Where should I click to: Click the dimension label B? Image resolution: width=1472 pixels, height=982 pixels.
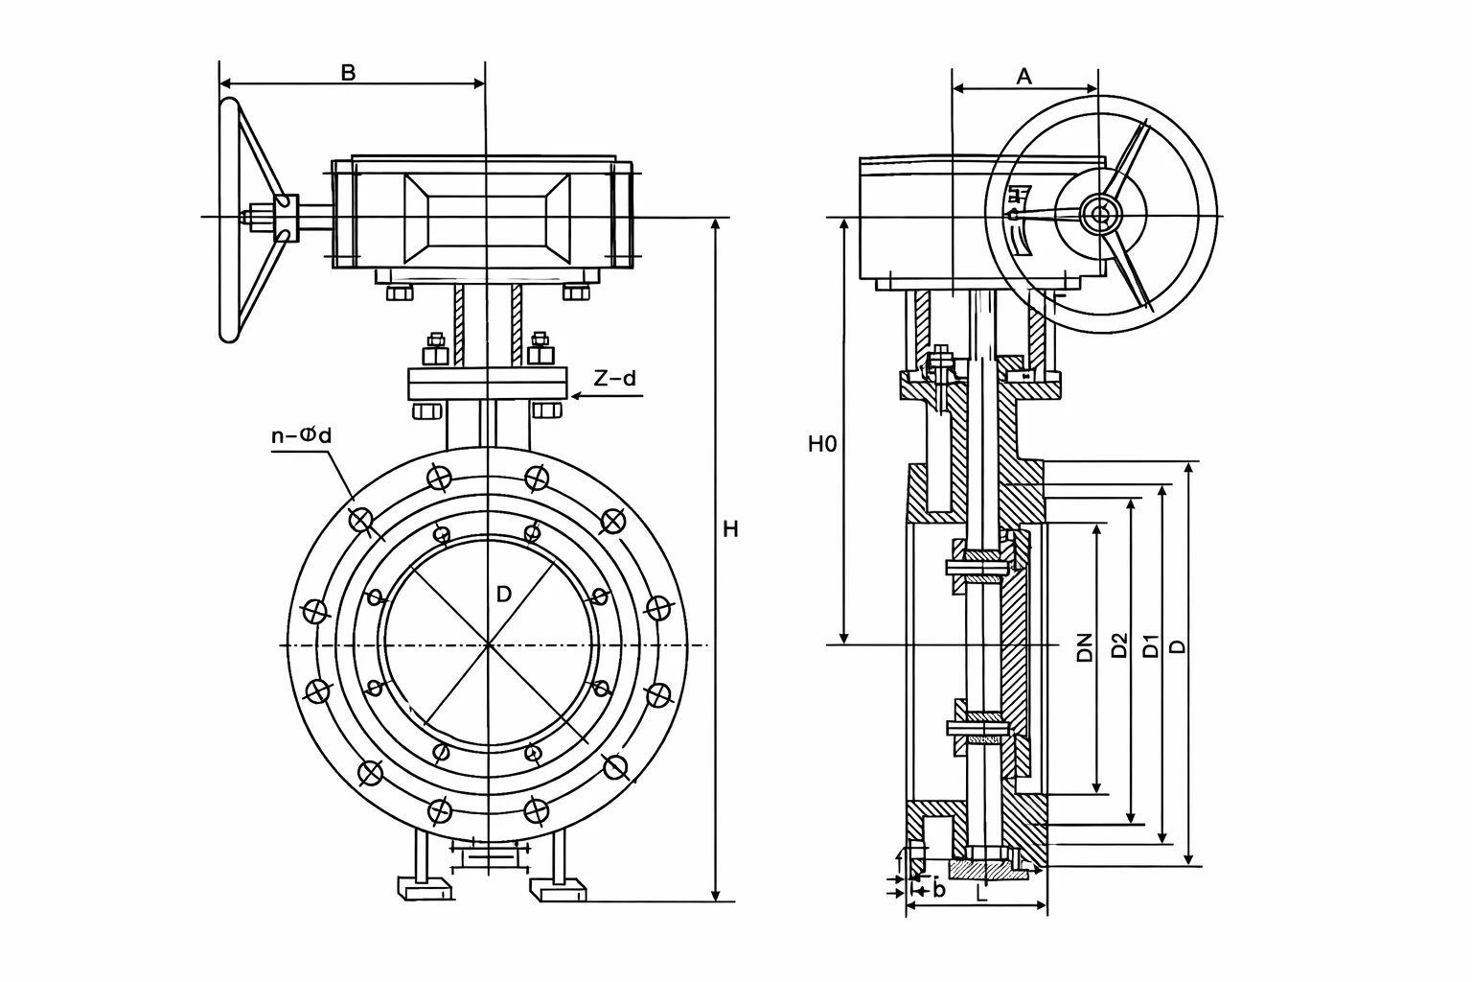click(x=349, y=73)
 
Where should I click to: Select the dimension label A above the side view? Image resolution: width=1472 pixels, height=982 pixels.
click(x=1023, y=77)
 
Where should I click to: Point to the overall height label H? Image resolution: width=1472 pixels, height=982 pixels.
click(x=730, y=529)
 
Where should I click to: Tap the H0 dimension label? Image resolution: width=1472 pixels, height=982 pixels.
click(x=821, y=443)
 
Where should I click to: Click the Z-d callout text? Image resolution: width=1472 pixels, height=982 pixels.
click(x=613, y=378)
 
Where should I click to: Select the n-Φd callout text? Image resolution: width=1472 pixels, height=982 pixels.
click(x=301, y=435)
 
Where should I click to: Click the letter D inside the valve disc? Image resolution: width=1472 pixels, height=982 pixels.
click(x=503, y=595)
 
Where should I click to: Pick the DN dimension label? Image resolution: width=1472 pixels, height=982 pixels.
click(x=1084, y=647)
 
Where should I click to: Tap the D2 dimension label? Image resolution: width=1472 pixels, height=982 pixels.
click(x=1117, y=645)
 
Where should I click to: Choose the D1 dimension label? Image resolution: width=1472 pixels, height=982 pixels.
click(x=1151, y=645)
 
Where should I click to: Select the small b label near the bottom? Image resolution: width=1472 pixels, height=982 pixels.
click(x=938, y=889)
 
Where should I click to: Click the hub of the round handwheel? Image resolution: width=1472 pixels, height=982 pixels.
click(x=1100, y=213)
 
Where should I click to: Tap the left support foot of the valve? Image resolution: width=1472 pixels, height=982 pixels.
click(x=425, y=888)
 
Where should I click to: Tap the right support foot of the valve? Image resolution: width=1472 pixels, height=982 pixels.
click(x=558, y=889)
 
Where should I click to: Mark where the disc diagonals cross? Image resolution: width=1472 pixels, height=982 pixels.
click(x=489, y=645)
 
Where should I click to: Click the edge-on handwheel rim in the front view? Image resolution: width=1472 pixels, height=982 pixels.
click(x=227, y=221)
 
